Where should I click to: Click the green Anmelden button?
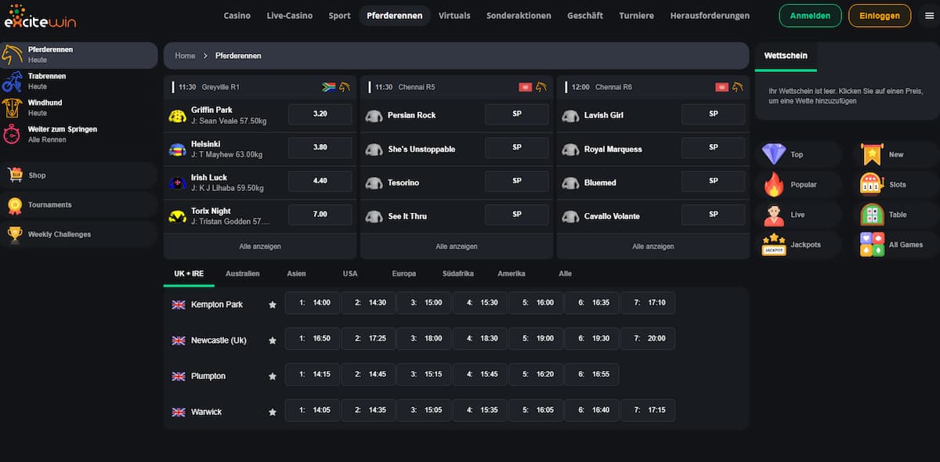(x=810, y=16)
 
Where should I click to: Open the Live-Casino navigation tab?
(x=289, y=16)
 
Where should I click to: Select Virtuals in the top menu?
(x=454, y=16)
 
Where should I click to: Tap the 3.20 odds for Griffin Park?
(x=320, y=114)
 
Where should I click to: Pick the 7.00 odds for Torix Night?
(x=320, y=215)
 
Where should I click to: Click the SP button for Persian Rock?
(x=516, y=114)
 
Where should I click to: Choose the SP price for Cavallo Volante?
(x=713, y=215)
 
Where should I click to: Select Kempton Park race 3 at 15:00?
(x=424, y=303)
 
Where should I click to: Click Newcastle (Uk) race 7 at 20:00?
(x=648, y=339)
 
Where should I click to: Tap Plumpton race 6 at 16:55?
(x=591, y=374)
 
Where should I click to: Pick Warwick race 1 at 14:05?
(x=313, y=410)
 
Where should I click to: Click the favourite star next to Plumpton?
(x=273, y=376)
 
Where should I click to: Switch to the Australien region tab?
(x=242, y=274)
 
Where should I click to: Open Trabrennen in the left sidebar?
(x=47, y=81)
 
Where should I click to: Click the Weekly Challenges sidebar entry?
(x=60, y=234)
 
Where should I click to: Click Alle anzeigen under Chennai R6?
(x=653, y=247)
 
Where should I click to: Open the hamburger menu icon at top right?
(x=929, y=16)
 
